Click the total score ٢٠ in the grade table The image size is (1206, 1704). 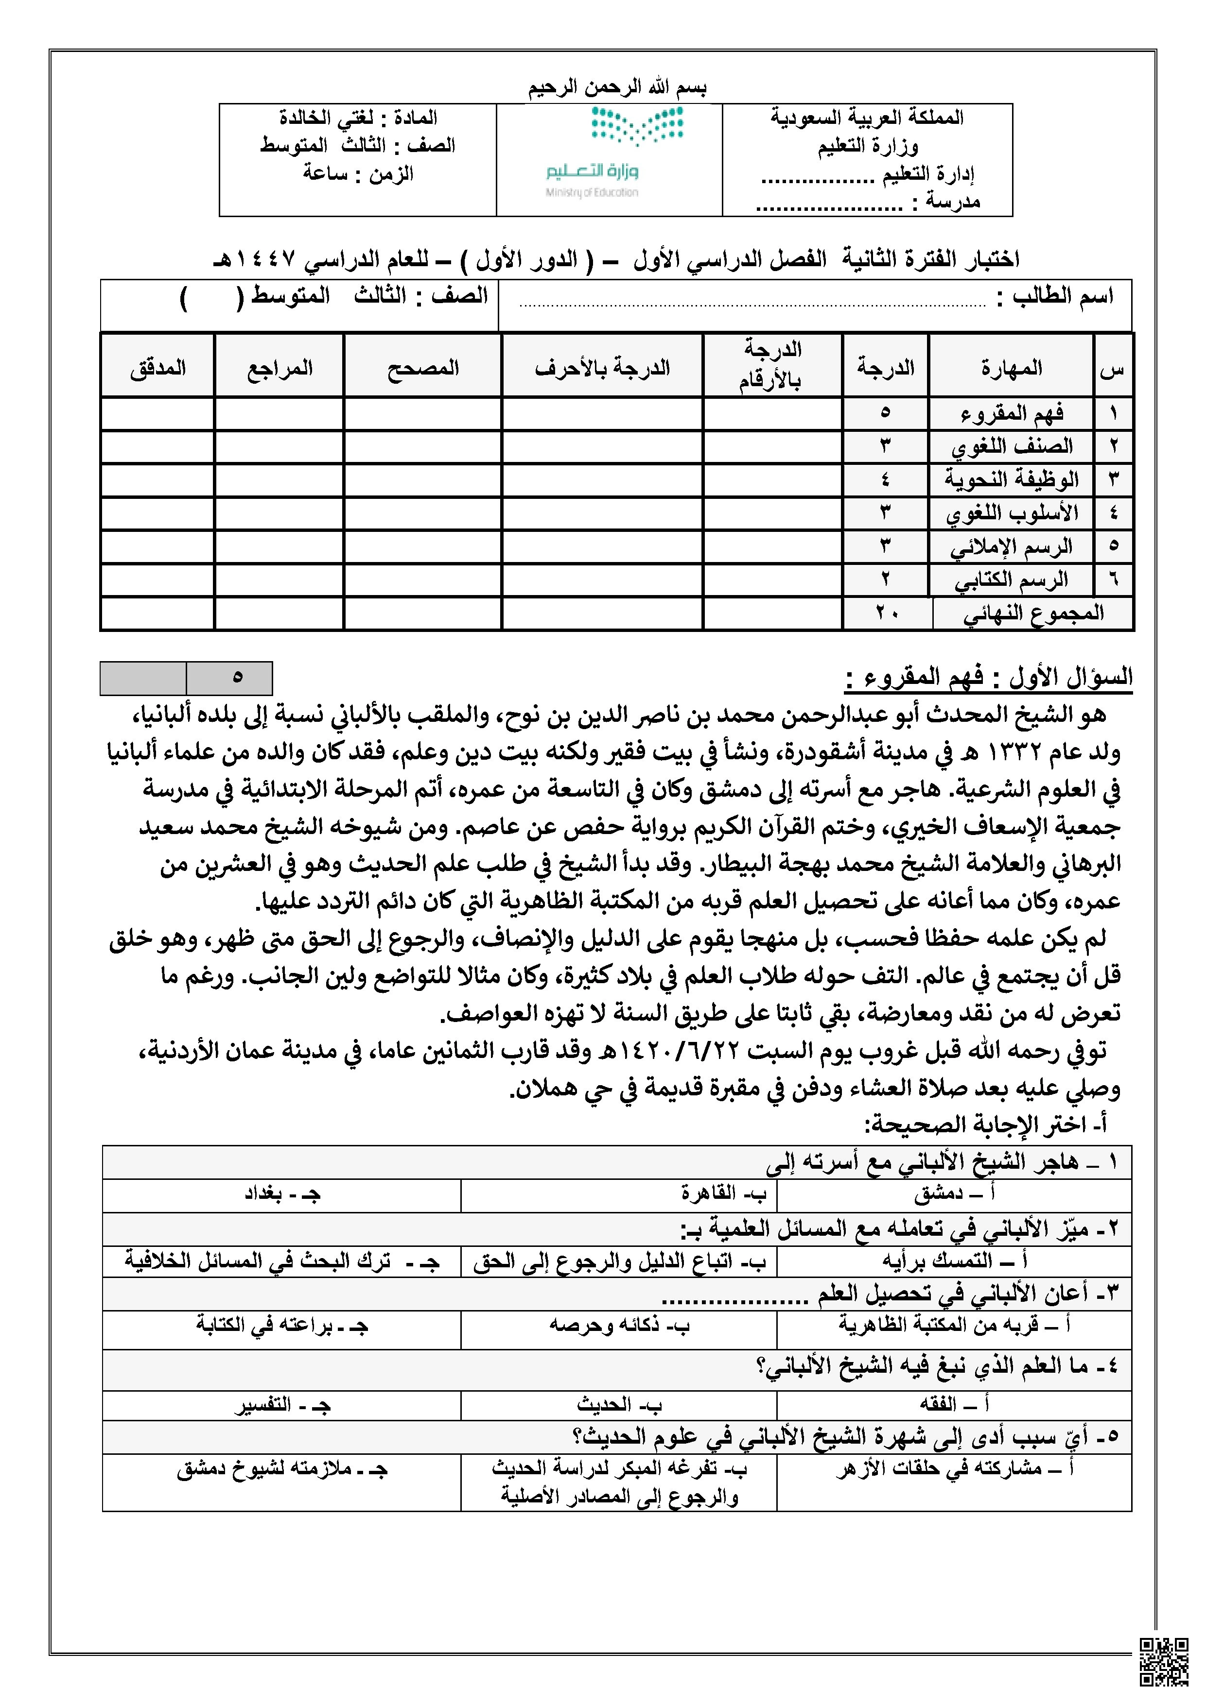click(x=887, y=614)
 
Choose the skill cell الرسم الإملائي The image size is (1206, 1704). click(x=1012, y=547)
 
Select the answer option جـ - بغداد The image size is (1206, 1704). click(x=282, y=1193)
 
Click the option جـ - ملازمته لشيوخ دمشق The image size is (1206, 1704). click(x=282, y=1469)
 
